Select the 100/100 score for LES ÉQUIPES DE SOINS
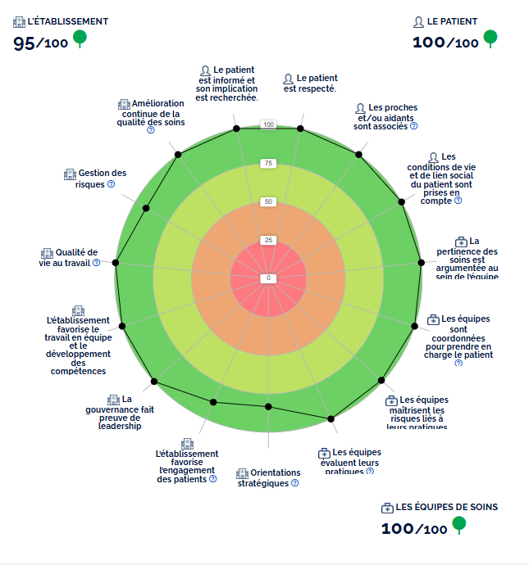point(414,528)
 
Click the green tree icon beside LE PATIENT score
point(490,38)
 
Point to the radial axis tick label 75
point(268,164)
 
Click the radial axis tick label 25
point(268,240)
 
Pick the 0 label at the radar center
point(268,278)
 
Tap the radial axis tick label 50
point(268,202)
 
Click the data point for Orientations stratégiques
point(268,407)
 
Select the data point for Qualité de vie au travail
point(116,262)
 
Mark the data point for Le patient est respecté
point(301,129)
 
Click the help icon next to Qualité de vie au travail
point(96,263)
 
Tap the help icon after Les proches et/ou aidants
point(413,126)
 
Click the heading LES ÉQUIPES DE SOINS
point(446,507)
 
